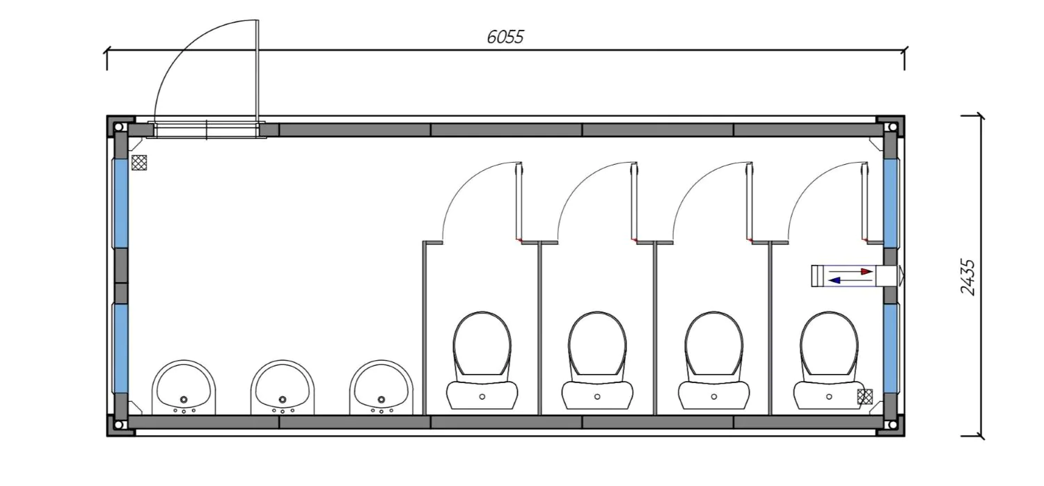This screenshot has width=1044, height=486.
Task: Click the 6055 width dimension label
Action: point(505,38)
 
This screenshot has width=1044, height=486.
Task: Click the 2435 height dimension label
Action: point(969,277)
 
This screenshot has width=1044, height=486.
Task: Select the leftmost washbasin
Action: point(184,387)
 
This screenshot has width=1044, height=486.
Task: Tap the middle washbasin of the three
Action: point(283,387)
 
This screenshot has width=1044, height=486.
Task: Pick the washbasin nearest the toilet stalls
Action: point(381,387)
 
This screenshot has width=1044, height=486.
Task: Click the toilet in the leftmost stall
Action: point(482,361)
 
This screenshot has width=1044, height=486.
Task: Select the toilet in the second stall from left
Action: point(597,361)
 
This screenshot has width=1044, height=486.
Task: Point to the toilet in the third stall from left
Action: point(713,361)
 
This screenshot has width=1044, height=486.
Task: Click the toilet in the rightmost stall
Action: point(829,361)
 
